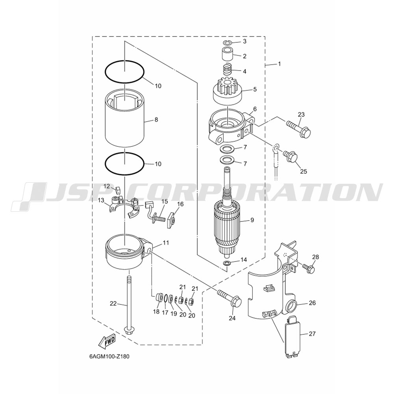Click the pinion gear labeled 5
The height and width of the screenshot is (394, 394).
point(227,91)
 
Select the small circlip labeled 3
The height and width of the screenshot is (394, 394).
point(228,43)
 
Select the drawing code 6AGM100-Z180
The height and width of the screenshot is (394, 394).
point(109,357)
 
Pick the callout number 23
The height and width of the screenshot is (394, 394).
point(301,115)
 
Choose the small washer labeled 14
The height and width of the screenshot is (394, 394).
point(227,263)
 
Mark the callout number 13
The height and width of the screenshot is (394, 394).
point(101,200)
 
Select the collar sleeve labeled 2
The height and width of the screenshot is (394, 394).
point(228,55)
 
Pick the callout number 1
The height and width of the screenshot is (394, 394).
point(279,64)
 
